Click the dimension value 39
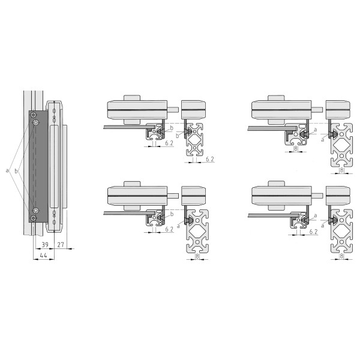(x=45, y=245)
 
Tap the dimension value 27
(x=61, y=245)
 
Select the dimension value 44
(x=43, y=256)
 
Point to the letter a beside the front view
(x=7, y=170)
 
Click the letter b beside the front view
(x=16, y=171)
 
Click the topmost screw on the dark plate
(x=34, y=115)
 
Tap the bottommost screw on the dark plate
(x=34, y=218)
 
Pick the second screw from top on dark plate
(x=36, y=122)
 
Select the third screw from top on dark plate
(x=36, y=211)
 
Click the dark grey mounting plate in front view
(x=38, y=166)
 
